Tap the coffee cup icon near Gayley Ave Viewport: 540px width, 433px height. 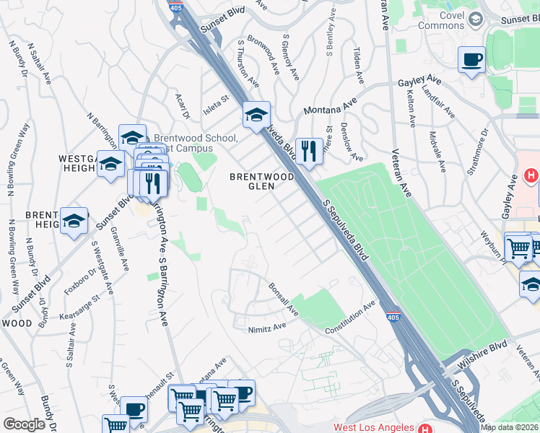pyautogui.click(x=471, y=61)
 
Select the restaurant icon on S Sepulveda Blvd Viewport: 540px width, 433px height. pyautogui.click(x=308, y=152)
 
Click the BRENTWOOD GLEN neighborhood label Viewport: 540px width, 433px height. pyautogui.click(x=261, y=181)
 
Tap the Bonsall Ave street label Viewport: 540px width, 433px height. pyautogui.click(x=283, y=299)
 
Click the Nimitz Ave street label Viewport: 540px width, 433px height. pyautogui.click(x=266, y=326)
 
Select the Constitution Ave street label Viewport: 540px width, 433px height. pyautogui.click(x=350, y=318)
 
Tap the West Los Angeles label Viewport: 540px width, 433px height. pyautogui.click(x=374, y=427)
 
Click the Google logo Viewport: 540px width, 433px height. pyautogui.click(x=24, y=424)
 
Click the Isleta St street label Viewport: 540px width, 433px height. pyautogui.click(x=214, y=98)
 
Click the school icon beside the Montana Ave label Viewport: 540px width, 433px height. pyautogui.click(x=256, y=114)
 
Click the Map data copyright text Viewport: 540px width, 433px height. pyautogui.click(x=510, y=427)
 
